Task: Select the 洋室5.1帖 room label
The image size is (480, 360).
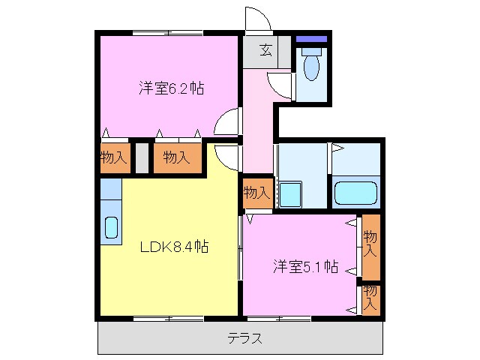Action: click(x=304, y=265)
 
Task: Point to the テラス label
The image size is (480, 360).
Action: click(x=245, y=338)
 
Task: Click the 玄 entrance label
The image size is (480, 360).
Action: click(x=266, y=50)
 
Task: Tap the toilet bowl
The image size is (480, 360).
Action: click(x=311, y=67)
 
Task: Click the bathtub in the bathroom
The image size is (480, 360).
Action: click(x=356, y=193)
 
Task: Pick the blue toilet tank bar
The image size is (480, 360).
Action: click(x=311, y=39)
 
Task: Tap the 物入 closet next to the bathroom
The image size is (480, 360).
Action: click(x=256, y=193)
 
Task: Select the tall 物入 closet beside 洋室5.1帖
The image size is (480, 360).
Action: click(x=370, y=247)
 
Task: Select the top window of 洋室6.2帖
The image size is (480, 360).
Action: click(x=168, y=32)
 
